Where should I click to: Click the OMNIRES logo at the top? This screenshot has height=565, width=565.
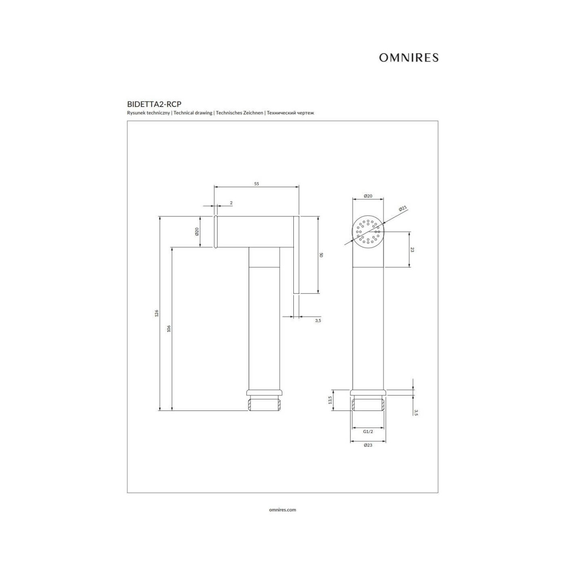click(408, 57)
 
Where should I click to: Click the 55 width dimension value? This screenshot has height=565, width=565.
click(257, 184)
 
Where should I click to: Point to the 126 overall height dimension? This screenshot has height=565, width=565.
click(157, 313)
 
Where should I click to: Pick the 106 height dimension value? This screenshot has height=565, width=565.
click(169, 329)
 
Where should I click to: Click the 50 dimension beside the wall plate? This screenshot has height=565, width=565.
click(321, 255)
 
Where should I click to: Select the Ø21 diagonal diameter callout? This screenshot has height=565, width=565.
click(403, 209)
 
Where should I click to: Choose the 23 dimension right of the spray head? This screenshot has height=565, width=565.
click(412, 249)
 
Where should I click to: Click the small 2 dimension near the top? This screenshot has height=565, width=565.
click(231, 203)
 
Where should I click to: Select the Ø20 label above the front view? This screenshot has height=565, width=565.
click(368, 196)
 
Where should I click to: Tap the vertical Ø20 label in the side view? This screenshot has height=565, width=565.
click(197, 232)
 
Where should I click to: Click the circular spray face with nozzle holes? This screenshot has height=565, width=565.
click(368, 232)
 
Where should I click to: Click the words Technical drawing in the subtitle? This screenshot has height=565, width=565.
click(193, 113)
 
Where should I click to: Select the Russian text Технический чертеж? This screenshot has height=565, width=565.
click(290, 113)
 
